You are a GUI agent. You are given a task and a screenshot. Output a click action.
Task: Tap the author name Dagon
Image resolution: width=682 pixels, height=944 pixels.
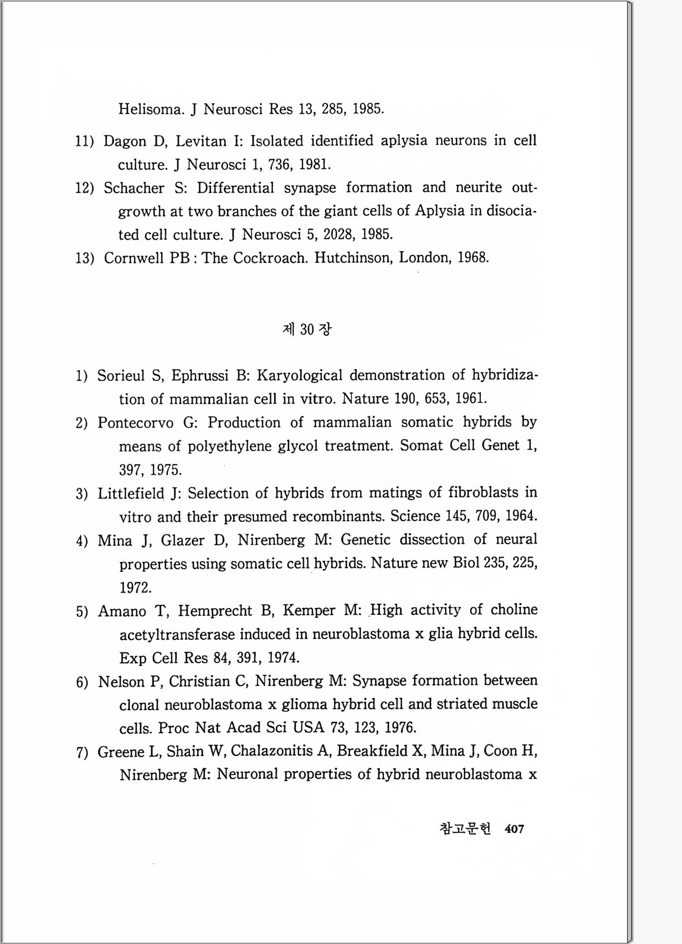tap(125, 141)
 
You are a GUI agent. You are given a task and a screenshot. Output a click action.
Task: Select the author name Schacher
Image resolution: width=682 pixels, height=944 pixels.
tap(134, 188)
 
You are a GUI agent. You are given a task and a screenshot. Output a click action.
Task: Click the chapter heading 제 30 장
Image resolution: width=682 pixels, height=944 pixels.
tap(307, 329)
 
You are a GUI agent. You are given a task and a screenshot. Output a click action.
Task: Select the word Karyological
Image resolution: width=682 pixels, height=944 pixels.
tap(300, 376)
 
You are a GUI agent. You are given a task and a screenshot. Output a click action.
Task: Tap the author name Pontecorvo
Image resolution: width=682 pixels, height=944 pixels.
tap(135, 423)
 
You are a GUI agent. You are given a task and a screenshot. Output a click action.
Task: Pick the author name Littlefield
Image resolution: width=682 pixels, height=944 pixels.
tap(131, 493)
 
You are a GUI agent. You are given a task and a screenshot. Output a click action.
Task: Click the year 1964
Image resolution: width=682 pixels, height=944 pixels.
tap(521, 516)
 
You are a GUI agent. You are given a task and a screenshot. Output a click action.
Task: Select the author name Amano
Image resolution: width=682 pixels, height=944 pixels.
tap(122, 611)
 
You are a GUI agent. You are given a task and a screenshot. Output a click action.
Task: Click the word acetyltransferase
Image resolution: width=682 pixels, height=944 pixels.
tap(177, 635)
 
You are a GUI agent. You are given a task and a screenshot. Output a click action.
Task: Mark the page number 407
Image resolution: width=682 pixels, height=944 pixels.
tap(515, 829)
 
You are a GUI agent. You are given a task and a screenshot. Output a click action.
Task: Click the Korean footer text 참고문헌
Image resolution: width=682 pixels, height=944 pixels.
tap(465, 829)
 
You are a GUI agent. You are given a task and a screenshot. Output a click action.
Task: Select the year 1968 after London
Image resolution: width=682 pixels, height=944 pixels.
tap(473, 258)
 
